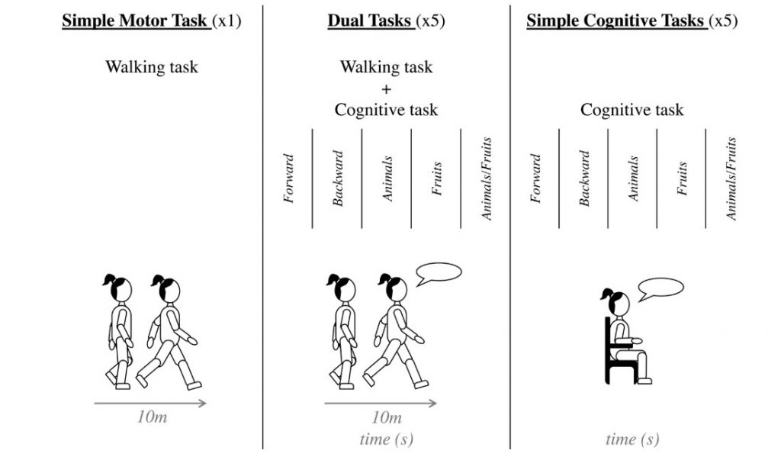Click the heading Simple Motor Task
pyautogui.click(x=136, y=21)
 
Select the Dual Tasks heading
pyautogui.click(x=365, y=21)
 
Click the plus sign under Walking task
pyautogui.click(x=386, y=88)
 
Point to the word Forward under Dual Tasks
pyautogui.click(x=289, y=179)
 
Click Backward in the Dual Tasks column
pyautogui.click(x=339, y=179)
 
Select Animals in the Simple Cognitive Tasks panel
pyautogui.click(x=633, y=179)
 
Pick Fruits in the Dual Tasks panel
pyautogui.click(x=437, y=179)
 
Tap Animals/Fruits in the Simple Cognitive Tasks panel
pyautogui.click(x=731, y=179)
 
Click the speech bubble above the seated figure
pyautogui.click(x=660, y=290)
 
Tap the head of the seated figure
pyautogui.click(x=616, y=303)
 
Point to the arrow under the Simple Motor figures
pyautogui.click(x=150, y=403)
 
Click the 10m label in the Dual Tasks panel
pyautogui.click(x=386, y=418)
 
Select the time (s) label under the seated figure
pyautogui.click(x=632, y=439)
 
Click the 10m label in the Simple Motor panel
pyautogui.click(x=152, y=418)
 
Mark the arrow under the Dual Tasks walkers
pyautogui.click(x=381, y=403)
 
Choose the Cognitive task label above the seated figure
pyautogui.click(x=632, y=110)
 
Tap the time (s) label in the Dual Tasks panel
pyautogui.click(x=386, y=439)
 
